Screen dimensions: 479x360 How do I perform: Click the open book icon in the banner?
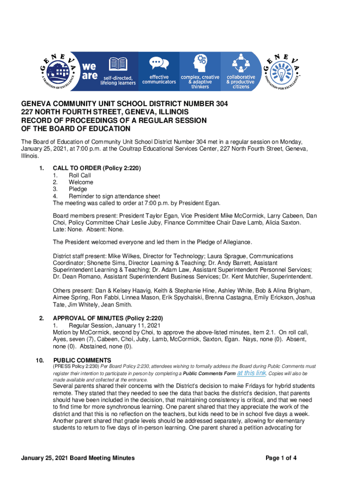(x=118, y=65)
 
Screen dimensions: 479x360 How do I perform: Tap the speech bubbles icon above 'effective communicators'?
(x=159, y=64)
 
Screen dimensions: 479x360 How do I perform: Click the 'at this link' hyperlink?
(x=252, y=373)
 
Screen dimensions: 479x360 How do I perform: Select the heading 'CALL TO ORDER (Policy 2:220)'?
(x=97, y=168)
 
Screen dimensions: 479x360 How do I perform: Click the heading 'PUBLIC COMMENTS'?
(x=82, y=360)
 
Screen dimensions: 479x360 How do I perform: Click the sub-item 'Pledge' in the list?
(x=78, y=189)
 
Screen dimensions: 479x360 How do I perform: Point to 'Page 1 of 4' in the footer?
(x=281, y=458)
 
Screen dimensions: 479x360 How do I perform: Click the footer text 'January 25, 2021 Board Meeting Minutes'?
(x=78, y=458)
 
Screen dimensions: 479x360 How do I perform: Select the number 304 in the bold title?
(x=219, y=104)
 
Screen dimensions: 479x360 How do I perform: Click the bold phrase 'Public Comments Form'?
(x=209, y=374)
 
